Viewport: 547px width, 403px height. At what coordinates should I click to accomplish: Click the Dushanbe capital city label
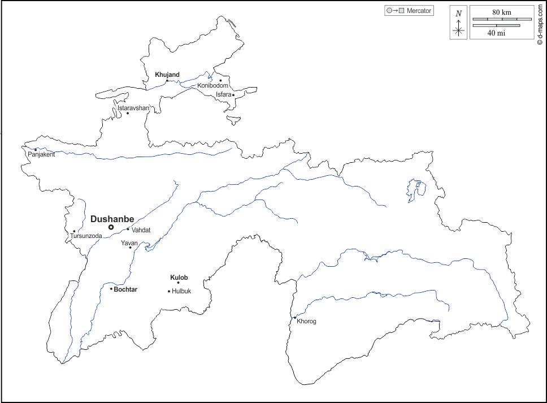click(x=112, y=219)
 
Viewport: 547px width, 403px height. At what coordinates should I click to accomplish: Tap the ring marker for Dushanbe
click(x=111, y=227)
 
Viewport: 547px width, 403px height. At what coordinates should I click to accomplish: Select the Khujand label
click(x=167, y=75)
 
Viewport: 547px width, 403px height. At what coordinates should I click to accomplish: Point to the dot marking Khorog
click(x=294, y=318)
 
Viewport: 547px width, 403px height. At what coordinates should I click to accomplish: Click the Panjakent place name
click(x=41, y=154)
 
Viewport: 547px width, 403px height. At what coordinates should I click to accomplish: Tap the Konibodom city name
click(x=212, y=85)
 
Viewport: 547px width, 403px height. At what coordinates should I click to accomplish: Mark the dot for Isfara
click(x=233, y=95)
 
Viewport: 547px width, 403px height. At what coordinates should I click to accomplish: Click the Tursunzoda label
click(x=86, y=236)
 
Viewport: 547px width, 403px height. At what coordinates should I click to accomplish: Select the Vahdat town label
click(x=141, y=230)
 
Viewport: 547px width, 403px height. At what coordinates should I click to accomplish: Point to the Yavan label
click(x=129, y=243)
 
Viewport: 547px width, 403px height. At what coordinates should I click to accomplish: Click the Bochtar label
click(x=125, y=289)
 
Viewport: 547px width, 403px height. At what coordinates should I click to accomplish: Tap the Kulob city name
click(x=179, y=278)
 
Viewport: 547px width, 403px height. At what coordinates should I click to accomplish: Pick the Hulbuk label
click(x=181, y=292)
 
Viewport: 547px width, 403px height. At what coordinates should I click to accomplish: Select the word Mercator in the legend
click(x=419, y=11)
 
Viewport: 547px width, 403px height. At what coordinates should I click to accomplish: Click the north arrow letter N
click(x=459, y=14)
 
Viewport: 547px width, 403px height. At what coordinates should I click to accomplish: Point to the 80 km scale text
click(x=502, y=12)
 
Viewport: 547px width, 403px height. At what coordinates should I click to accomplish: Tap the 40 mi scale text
click(x=496, y=33)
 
